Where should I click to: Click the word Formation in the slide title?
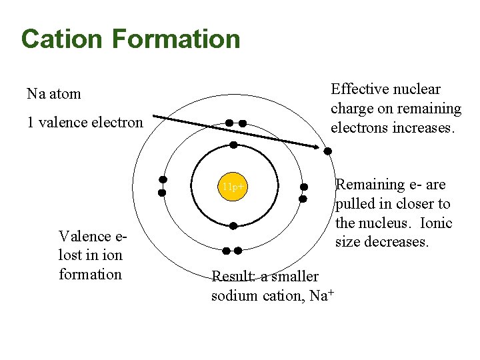coord(176,39)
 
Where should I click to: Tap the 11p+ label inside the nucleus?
coord(234,187)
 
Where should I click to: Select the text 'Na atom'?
coord(54,94)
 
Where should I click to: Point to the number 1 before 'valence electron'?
coord(31,123)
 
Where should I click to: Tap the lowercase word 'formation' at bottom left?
coord(90,274)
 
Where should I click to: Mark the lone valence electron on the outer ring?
coord(328,151)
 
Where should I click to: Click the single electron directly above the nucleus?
coord(233,145)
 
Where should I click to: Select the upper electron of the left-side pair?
coord(163,179)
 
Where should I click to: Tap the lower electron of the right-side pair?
coord(303,199)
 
